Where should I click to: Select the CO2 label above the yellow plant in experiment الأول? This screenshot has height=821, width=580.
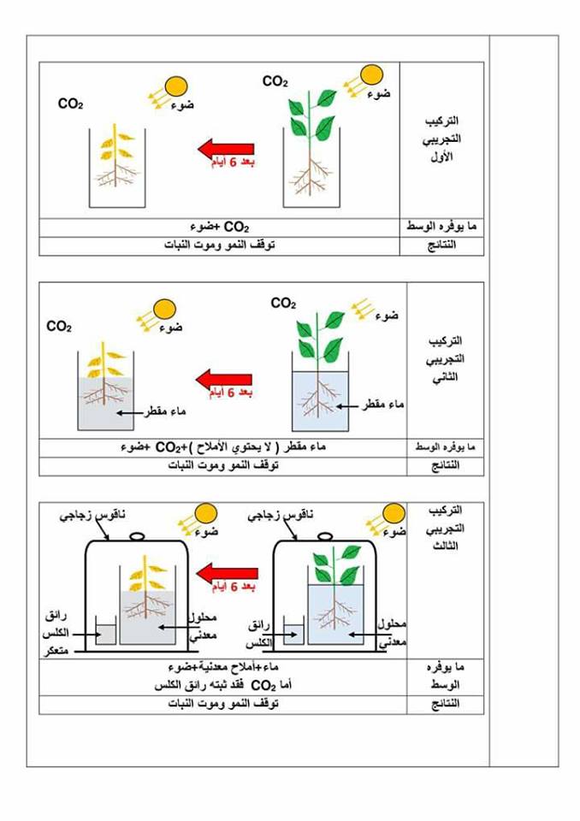tap(70, 104)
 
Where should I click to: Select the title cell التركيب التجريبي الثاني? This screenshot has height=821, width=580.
tap(442, 358)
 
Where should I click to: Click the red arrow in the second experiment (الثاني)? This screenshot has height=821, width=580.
tap(223, 380)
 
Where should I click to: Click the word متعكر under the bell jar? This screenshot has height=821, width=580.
tap(59, 651)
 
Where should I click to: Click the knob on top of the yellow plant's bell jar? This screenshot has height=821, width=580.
tap(136, 537)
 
